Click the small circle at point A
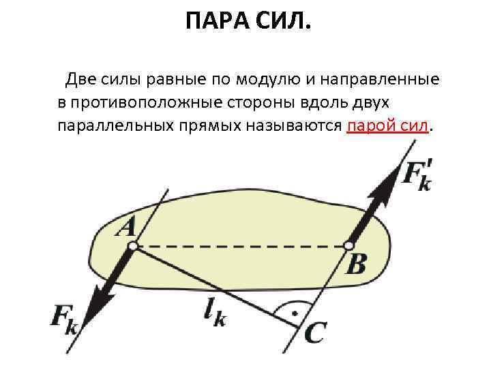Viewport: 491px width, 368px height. (134, 245)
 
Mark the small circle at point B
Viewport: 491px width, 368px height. (348, 245)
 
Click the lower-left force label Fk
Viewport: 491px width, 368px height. (65, 320)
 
